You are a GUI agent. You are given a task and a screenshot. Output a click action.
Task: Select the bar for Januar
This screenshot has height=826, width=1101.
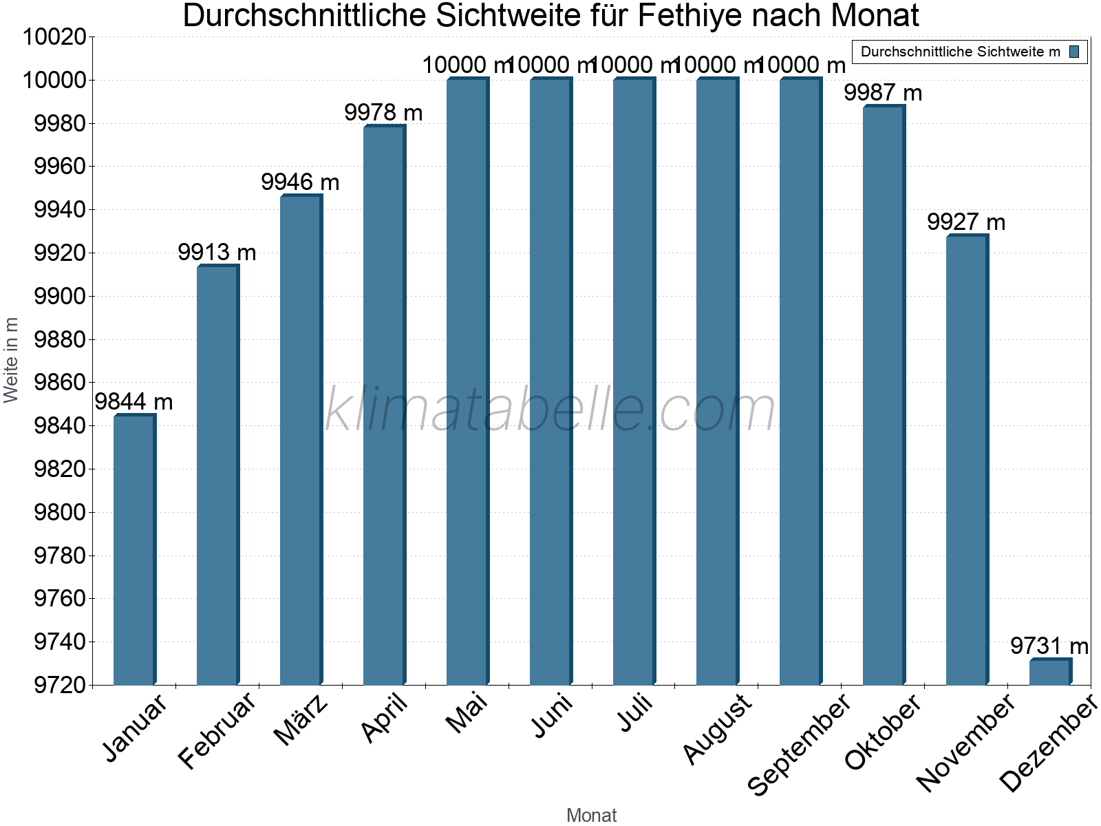click(x=134, y=551)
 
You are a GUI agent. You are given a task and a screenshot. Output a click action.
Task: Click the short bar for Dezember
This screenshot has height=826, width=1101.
click(x=1049, y=673)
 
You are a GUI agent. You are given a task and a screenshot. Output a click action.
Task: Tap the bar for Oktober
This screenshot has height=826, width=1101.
click(x=884, y=396)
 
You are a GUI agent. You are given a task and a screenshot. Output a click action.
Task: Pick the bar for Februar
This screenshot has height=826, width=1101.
click(x=217, y=475)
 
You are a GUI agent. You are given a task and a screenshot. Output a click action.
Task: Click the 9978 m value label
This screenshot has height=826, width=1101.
click(x=383, y=112)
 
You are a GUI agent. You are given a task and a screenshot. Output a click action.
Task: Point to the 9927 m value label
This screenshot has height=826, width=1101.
click(x=966, y=222)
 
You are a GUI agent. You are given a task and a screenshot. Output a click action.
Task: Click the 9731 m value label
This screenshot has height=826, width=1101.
click(x=1049, y=646)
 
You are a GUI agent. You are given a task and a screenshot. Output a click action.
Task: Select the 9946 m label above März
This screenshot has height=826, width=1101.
click(x=300, y=182)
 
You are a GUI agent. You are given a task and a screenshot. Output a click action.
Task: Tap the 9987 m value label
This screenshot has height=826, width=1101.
click(x=883, y=92)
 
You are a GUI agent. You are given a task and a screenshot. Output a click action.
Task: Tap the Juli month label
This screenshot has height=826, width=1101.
click(x=634, y=716)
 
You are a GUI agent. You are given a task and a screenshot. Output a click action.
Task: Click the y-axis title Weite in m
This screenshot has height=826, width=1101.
click(x=11, y=360)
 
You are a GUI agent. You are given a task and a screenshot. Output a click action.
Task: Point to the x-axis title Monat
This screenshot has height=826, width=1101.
click(x=591, y=816)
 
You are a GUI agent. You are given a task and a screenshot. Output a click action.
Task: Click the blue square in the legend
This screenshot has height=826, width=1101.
click(x=1074, y=52)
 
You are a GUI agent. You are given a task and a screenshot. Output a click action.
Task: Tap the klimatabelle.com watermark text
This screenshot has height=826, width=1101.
click(x=550, y=410)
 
